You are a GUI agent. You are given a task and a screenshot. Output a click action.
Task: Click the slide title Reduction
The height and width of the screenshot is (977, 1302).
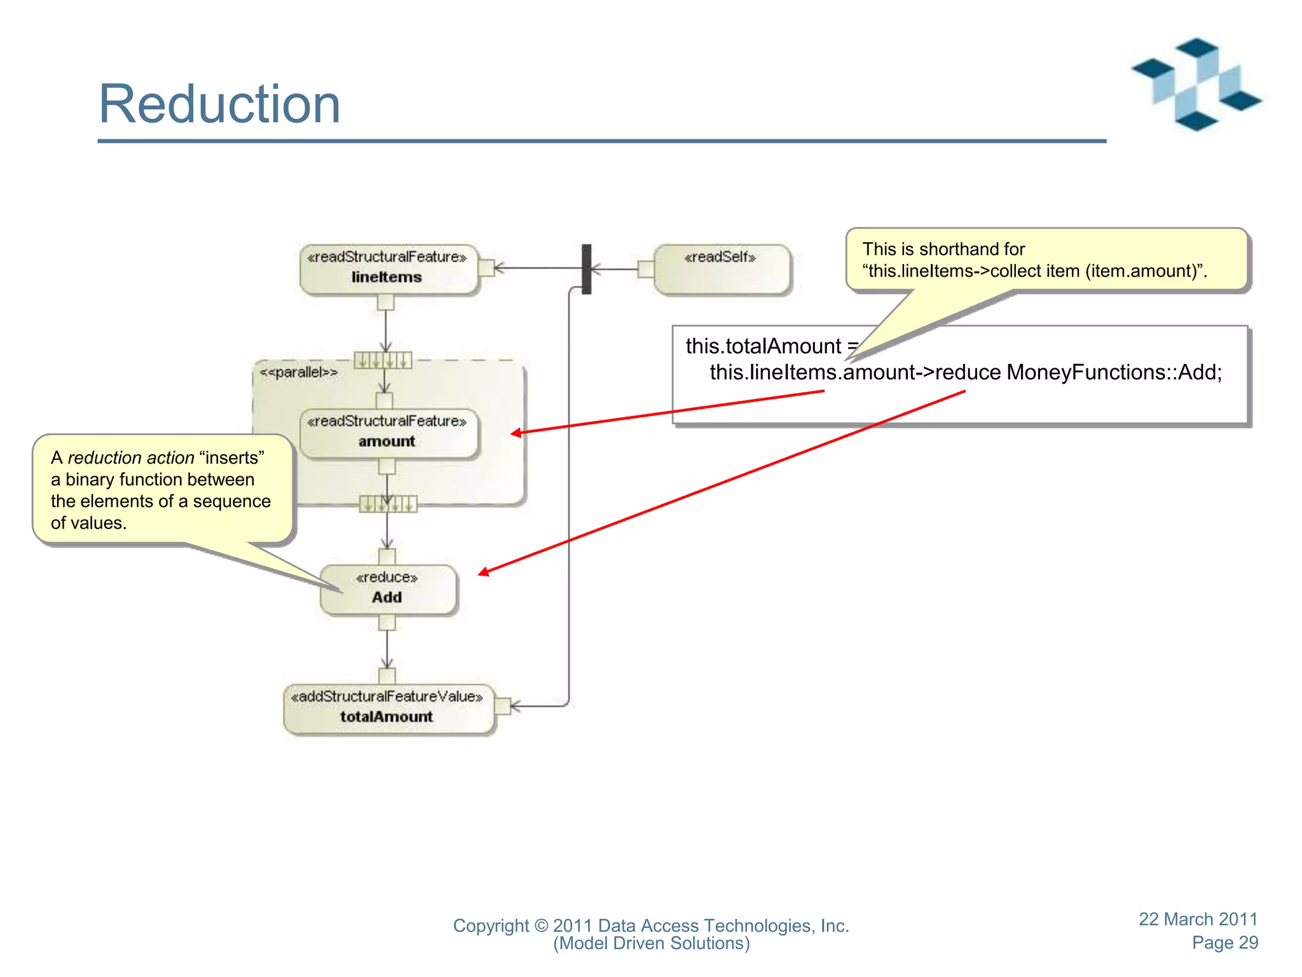(219, 104)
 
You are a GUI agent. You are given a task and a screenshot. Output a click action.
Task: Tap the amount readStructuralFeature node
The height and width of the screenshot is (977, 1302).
(388, 433)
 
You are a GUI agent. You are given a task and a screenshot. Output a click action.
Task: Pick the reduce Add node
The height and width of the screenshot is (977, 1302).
(388, 589)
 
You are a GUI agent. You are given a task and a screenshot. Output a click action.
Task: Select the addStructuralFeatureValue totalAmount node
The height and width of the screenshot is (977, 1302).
(388, 708)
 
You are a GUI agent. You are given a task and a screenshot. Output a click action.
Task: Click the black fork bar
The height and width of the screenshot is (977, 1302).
(586, 269)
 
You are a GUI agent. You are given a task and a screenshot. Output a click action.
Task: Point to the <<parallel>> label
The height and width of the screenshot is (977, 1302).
(298, 372)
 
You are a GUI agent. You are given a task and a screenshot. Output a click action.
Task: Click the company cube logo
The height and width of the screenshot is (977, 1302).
(1196, 85)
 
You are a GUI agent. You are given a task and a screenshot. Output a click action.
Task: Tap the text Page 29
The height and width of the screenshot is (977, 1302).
(1224, 943)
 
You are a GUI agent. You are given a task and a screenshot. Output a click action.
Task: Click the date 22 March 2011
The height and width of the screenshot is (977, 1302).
(1198, 919)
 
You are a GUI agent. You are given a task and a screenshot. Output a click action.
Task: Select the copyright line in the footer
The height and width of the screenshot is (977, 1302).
(650, 926)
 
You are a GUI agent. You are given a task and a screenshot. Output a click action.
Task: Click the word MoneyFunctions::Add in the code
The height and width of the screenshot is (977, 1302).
(1113, 372)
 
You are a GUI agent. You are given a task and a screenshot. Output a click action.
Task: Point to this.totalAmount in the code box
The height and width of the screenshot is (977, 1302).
(763, 346)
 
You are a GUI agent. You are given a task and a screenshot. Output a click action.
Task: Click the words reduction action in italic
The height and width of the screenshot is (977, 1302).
(131, 458)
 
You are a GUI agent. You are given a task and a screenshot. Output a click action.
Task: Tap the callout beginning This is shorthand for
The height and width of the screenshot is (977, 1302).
(1046, 260)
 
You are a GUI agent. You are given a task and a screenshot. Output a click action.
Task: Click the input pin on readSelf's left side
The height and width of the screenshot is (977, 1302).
(645, 269)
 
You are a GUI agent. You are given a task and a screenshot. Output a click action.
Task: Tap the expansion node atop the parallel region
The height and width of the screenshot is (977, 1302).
(383, 361)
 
